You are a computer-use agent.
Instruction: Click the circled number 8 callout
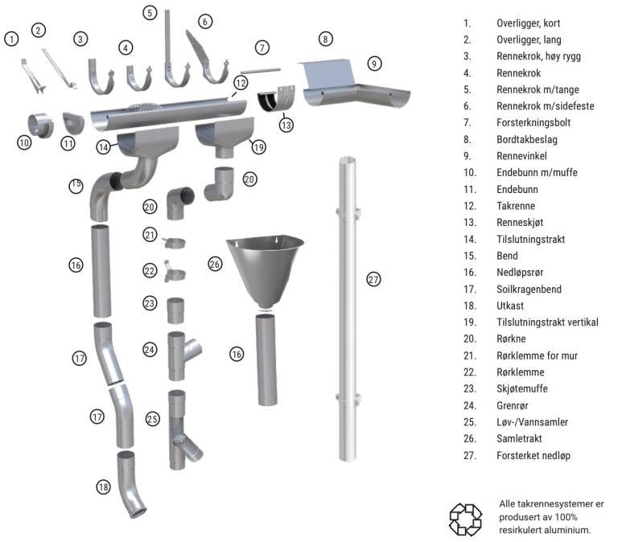325,39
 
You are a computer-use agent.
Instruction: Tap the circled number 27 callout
373,280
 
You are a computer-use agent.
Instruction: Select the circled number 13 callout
286,125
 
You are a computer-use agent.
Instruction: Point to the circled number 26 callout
215,264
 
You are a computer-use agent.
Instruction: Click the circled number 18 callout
103,487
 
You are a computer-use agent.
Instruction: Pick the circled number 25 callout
153,419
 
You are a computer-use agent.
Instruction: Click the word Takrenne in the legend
516,206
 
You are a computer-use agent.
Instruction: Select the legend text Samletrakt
519,439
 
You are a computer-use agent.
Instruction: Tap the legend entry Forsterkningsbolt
534,122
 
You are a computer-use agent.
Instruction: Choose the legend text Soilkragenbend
529,289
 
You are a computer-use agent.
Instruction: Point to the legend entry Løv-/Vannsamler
532,422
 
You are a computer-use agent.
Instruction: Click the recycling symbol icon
465,519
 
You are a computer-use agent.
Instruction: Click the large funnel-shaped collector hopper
265,272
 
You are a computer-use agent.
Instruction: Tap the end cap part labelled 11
73,123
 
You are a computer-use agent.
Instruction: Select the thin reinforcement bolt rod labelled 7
261,71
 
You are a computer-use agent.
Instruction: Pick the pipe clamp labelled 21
174,243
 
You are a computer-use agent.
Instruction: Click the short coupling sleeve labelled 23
175,310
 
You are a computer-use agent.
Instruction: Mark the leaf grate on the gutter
144,108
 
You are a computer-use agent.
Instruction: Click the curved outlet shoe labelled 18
131,485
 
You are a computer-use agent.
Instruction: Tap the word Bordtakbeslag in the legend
527,139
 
